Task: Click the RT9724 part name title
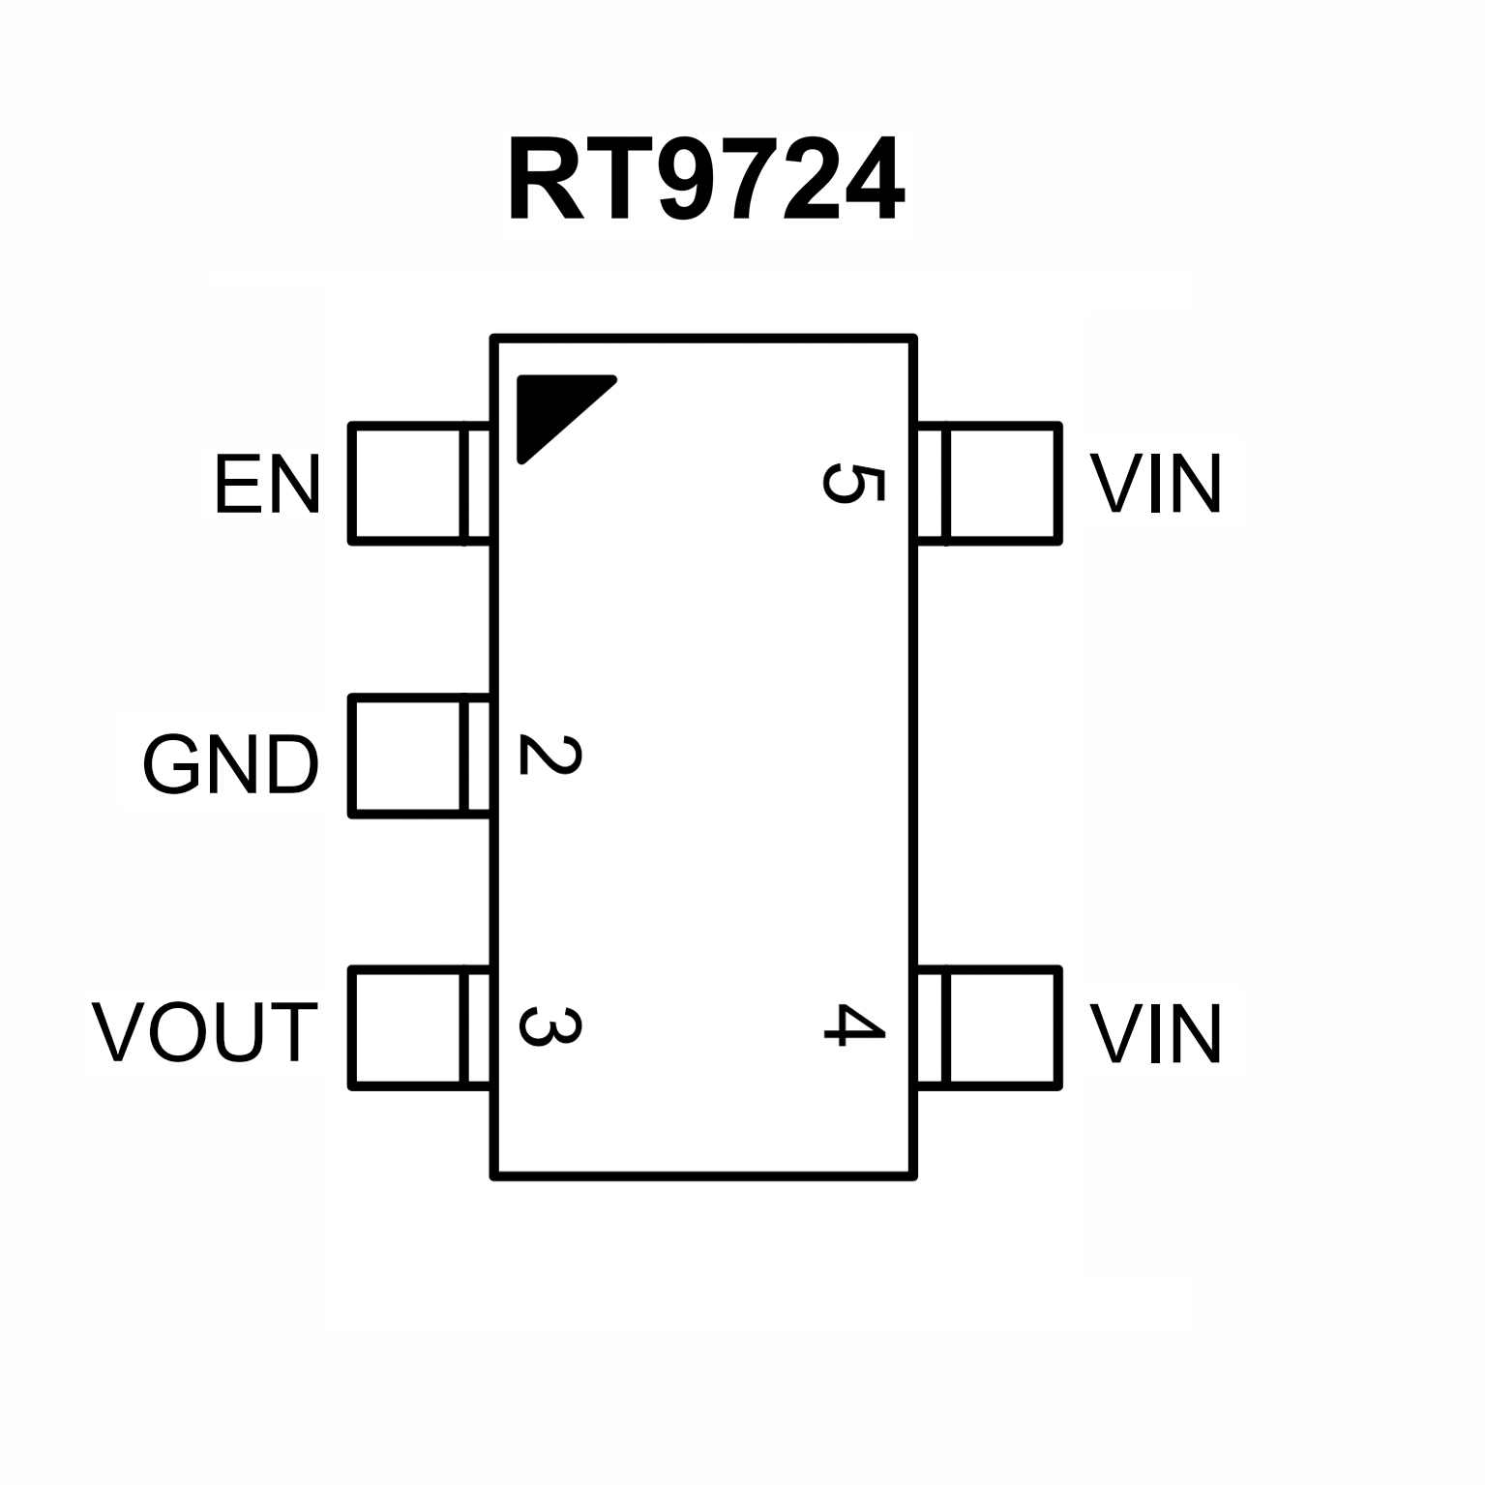pyautogui.click(x=706, y=181)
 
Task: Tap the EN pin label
pyautogui.click(x=267, y=484)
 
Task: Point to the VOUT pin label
pyautogui.click(x=205, y=1032)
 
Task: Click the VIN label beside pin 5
pyautogui.click(x=1156, y=484)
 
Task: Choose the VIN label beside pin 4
pyautogui.click(x=1156, y=1033)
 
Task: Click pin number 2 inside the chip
pyautogui.click(x=550, y=756)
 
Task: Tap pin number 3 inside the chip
pyautogui.click(x=550, y=1027)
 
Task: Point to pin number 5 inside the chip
pyautogui.click(x=853, y=484)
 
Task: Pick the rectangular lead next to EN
pyautogui.click(x=418, y=483)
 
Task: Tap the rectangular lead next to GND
pyautogui.click(x=418, y=756)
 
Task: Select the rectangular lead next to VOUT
pyautogui.click(x=418, y=1027)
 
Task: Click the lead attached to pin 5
pyautogui.click(x=990, y=483)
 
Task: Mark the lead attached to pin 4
pyautogui.click(x=990, y=1027)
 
